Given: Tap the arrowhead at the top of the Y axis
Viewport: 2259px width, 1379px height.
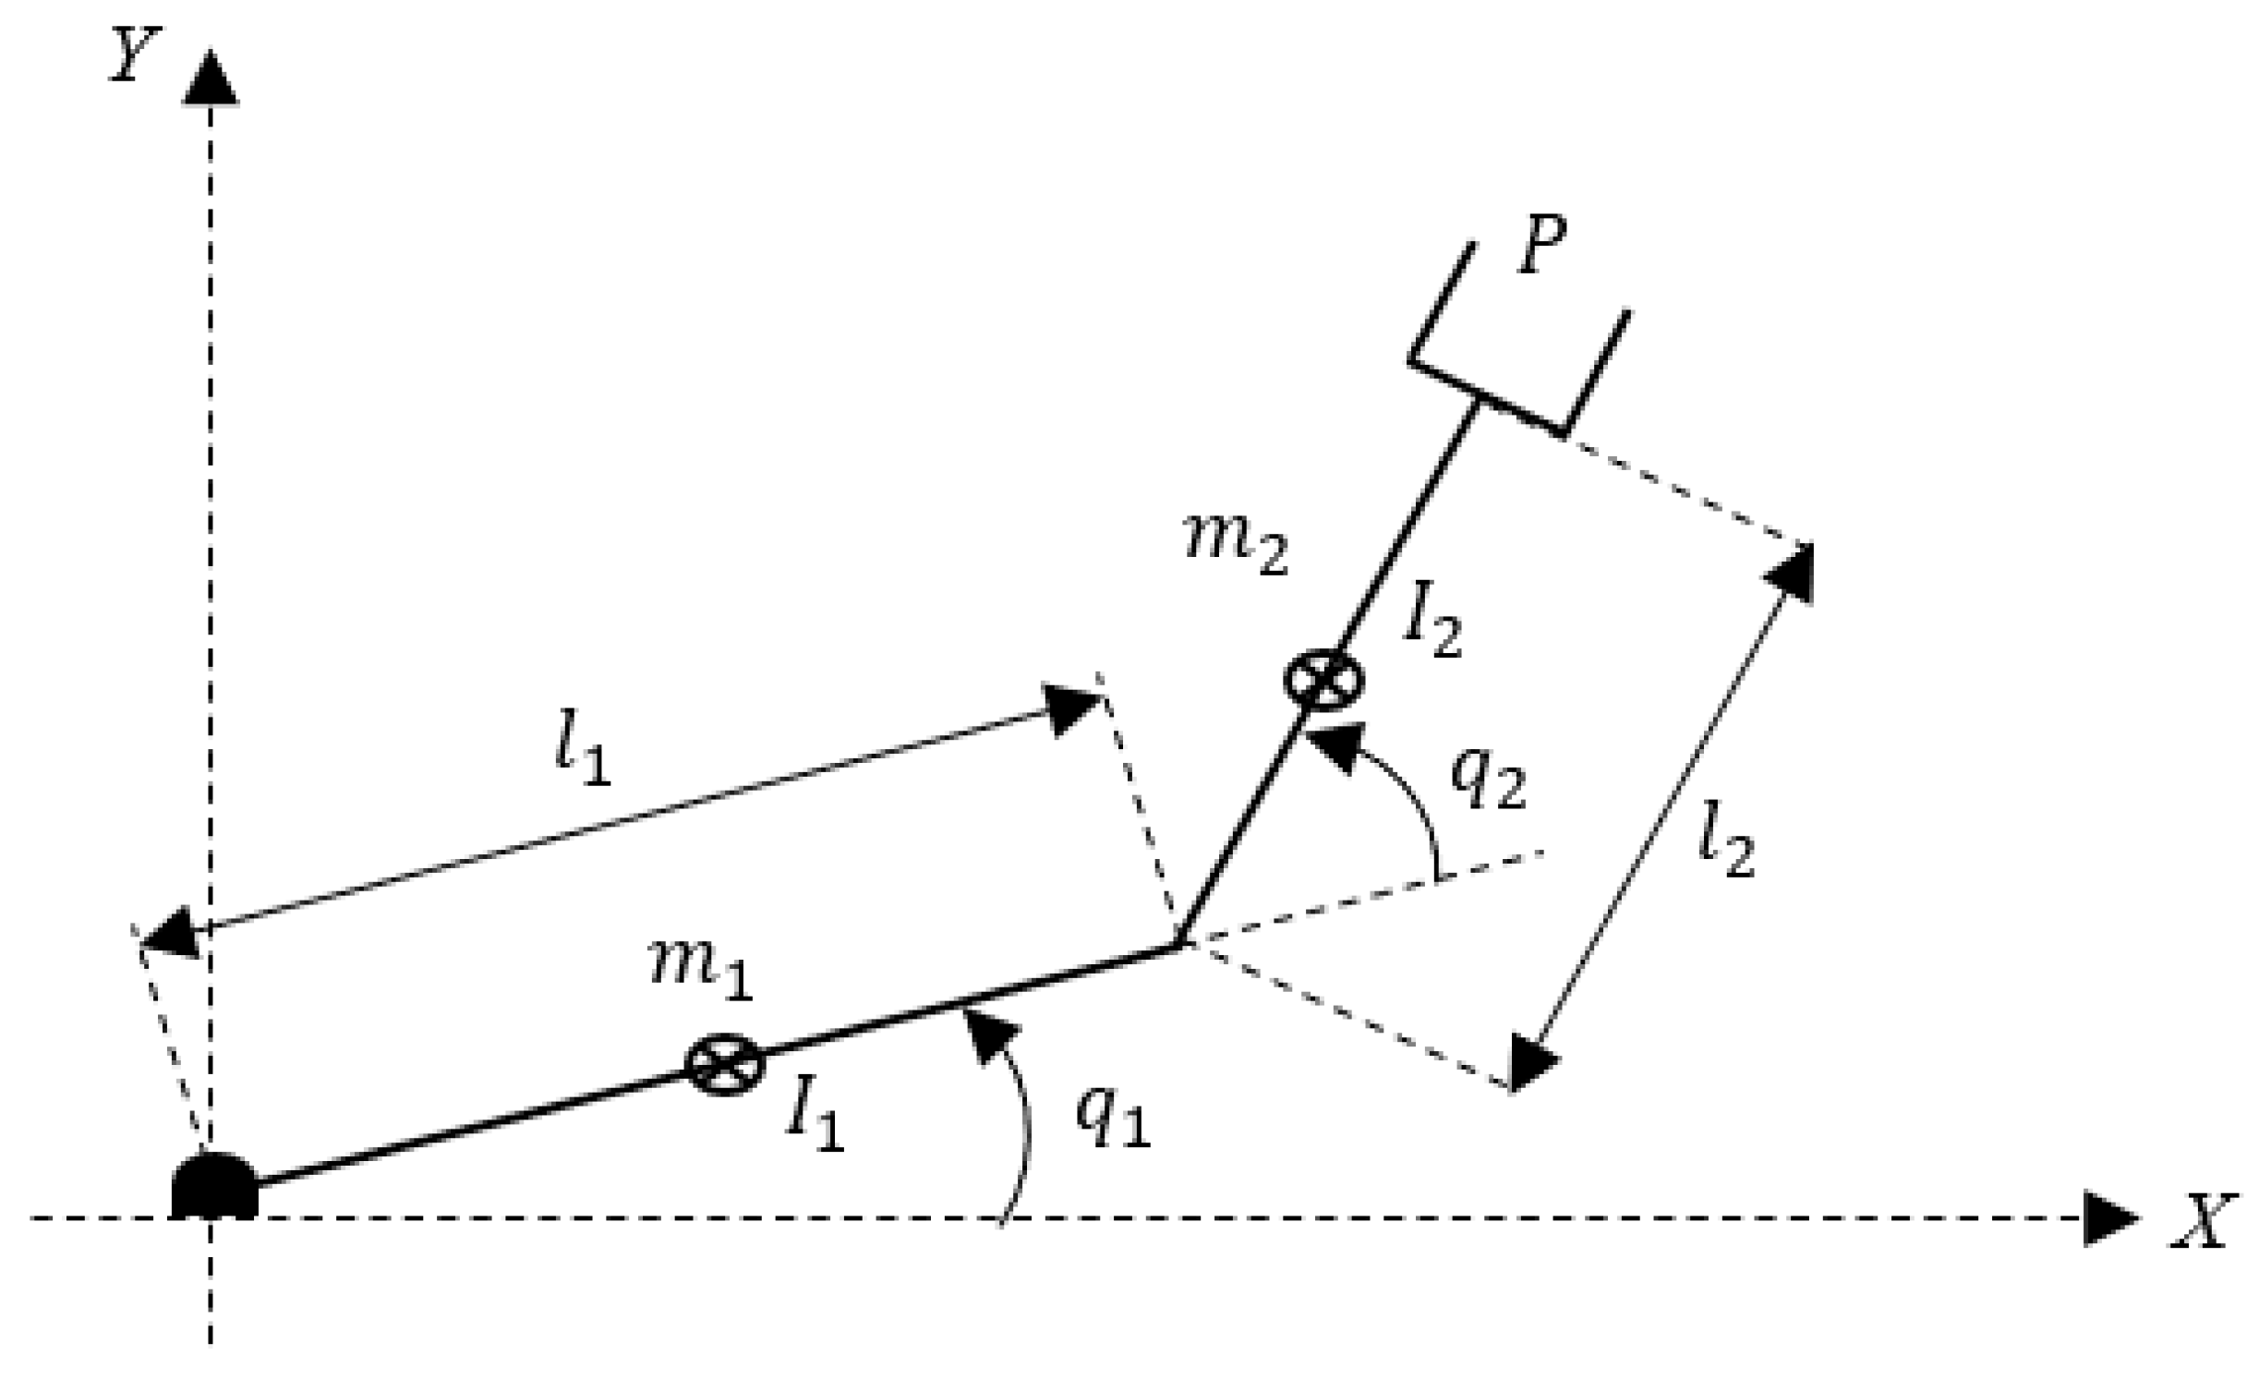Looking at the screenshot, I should tap(211, 79).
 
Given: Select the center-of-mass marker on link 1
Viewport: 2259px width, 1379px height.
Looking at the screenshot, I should tap(725, 1065).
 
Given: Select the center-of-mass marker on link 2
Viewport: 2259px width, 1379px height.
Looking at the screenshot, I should tap(1323, 681).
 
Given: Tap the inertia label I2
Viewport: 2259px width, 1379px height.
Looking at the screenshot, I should tap(1432, 625).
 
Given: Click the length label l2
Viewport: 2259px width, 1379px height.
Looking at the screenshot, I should tap(1725, 846).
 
